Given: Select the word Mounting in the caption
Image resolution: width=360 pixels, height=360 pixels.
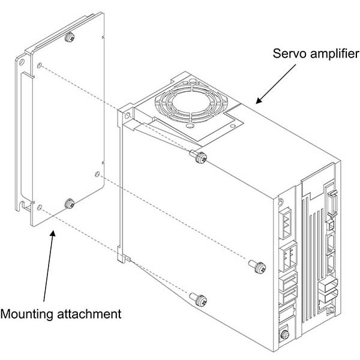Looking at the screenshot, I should (28, 313).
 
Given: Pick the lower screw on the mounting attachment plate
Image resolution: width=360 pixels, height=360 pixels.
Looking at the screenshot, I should (70, 203).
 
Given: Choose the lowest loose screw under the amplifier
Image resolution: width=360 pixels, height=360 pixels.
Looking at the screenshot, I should (199, 298).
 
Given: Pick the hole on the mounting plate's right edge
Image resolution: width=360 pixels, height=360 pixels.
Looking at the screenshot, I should (97, 175).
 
